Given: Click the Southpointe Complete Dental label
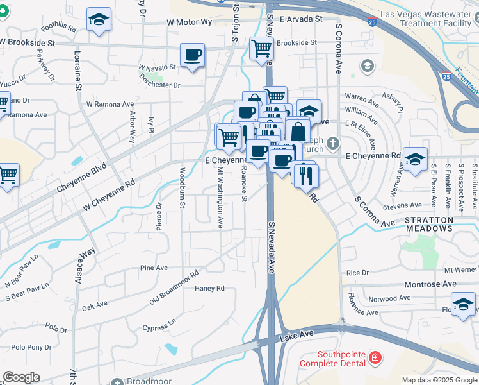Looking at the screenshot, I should point(342,359).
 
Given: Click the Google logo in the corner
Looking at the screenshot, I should point(21,377).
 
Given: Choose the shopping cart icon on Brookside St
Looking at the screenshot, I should point(261,47).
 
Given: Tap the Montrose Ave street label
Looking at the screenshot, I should point(430,284).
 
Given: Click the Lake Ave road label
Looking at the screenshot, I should point(296,334).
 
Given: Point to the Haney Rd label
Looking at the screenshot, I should point(210,289).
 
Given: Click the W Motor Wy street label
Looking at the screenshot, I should point(188,22).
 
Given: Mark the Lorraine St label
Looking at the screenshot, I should point(77,71).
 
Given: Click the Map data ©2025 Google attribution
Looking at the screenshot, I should point(439,380).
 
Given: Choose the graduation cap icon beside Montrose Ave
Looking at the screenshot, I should point(463,304).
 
